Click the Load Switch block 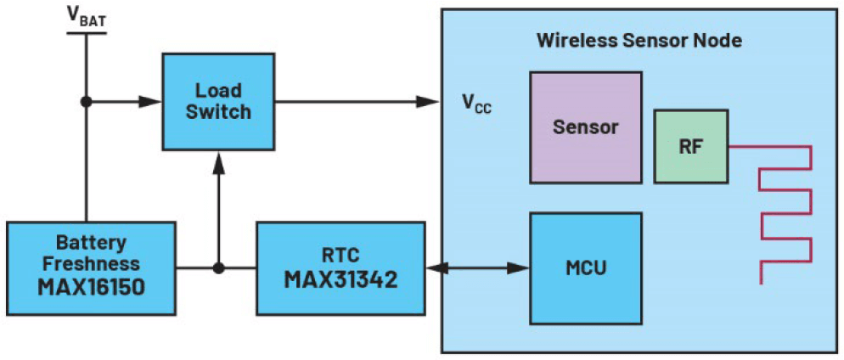pyautogui.click(x=218, y=101)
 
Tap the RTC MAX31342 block pyautogui.click(x=340, y=268)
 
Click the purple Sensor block pyautogui.click(x=585, y=127)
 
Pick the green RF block pyautogui.click(x=690, y=146)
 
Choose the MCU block pyautogui.click(x=585, y=268)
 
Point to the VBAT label pyautogui.click(x=86, y=18)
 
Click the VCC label pyautogui.click(x=476, y=104)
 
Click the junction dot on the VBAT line pyautogui.click(x=86, y=102)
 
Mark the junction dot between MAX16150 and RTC pyautogui.click(x=219, y=268)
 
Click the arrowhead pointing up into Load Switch pyautogui.click(x=219, y=160)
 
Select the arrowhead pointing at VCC pyautogui.click(x=430, y=102)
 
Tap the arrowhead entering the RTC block pyautogui.click(x=435, y=268)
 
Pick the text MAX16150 pyautogui.click(x=91, y=286)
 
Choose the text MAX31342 pyautogui.click(x=340, y=279)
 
